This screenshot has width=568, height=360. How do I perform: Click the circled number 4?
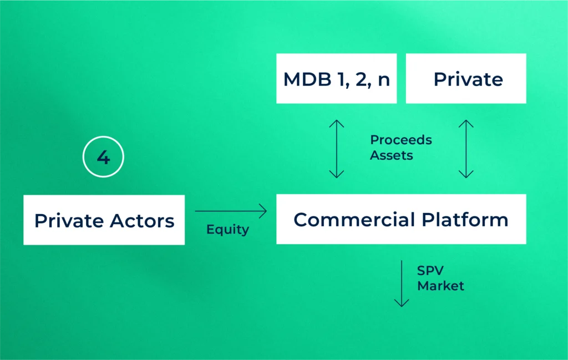103,158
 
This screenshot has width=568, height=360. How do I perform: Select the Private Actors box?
104,220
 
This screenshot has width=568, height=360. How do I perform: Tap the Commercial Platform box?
401,219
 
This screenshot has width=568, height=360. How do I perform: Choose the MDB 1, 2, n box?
337,79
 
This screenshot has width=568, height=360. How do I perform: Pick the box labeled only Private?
466,79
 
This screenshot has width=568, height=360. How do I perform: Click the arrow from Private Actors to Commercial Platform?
230,211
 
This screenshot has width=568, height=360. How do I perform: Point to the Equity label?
227,229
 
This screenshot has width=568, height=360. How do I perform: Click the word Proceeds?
400,140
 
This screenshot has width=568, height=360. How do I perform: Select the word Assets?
392,155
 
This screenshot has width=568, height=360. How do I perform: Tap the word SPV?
430,271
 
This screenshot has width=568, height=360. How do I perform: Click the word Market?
440,286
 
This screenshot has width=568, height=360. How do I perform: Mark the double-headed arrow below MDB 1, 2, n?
337,148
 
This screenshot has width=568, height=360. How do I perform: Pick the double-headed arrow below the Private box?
466,148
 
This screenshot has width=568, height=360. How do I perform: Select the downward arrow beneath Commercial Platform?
401,284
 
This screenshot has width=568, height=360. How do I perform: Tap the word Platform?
463,220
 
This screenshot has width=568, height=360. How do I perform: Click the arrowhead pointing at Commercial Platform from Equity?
263,211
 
